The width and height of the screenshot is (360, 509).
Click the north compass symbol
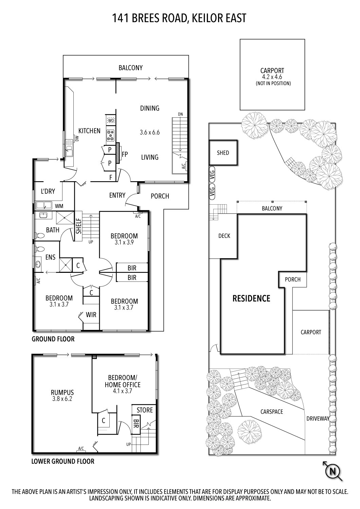click(x=333, y=471)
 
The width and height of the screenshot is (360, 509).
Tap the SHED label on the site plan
click(x=223, y=153)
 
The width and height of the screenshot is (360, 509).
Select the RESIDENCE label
click(x=251, y=299)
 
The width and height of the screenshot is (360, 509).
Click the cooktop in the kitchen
click(x=111, y=136)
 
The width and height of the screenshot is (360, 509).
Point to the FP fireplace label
click(x=125, y=154)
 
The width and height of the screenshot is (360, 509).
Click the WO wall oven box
click(x=111, y=120)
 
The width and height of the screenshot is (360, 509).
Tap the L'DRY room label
click(x=48, y=191)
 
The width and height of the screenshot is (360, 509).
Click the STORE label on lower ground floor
click(x=145, y=410)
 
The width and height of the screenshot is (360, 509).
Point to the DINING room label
click(x=150, y=108)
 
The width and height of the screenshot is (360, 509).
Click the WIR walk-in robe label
click(x=91, y=315)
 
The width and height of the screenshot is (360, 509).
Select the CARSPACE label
click(x=272, y=412)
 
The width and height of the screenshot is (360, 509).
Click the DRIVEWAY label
click(x=318, y=419)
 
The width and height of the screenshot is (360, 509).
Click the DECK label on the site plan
click(x=224, y=235)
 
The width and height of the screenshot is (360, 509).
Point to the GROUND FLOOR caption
click(x=53, y=339)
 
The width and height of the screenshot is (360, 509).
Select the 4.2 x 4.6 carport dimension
click(x=272, y=77)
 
